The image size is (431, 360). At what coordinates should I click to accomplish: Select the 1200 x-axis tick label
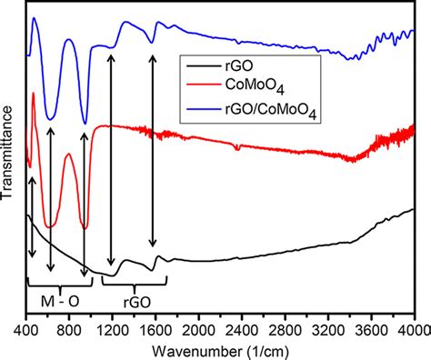coord(113,327)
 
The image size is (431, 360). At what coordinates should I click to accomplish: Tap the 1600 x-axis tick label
coord(155,327)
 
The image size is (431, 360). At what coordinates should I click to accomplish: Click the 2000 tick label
coord(198,327)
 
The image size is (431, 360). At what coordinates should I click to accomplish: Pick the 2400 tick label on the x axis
coord(242,327)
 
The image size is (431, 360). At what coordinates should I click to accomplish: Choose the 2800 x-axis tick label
coord(285,327)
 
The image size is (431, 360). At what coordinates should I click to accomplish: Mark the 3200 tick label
coord(327,327)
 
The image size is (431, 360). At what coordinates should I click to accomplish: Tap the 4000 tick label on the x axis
coord(411,327)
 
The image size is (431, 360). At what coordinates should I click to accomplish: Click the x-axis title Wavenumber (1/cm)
coord(220,349)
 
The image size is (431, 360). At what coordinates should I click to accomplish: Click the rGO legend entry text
coord(254,66)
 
